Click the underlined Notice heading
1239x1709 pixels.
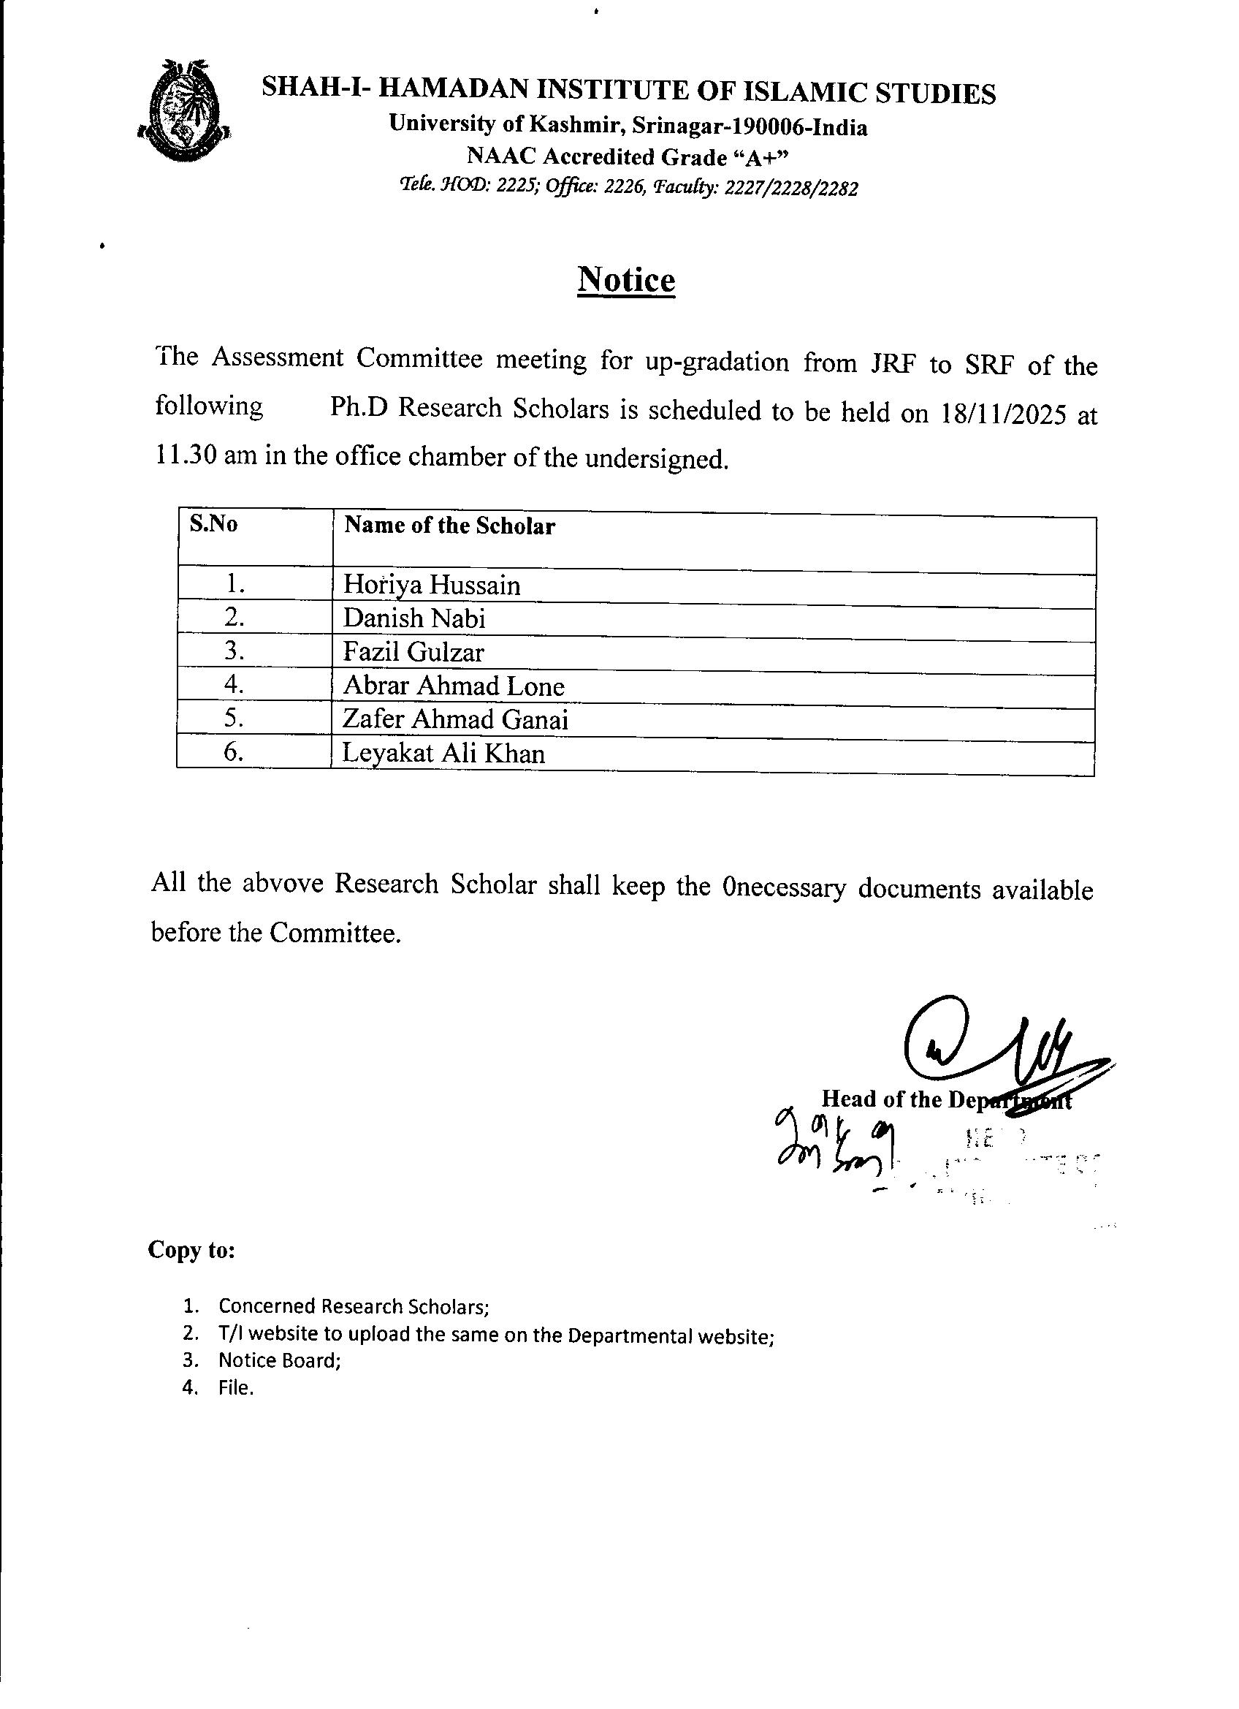(x=626, y=280)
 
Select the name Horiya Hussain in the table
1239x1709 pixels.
(x=432, y=586)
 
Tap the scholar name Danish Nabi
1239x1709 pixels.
(x=414, y=618)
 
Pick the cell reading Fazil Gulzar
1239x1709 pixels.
(x=413, y=652)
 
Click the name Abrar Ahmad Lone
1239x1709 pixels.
(x=454, y=686)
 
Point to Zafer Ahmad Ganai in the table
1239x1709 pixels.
(x=455, y=719)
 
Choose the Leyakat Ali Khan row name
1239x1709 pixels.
(x=443, y=754)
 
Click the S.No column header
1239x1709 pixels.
(x=214, y=524)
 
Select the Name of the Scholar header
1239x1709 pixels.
(x=450, y=526)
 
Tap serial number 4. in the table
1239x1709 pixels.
(x=234, y=684)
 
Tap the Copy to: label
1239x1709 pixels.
(x=192, y=1250)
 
